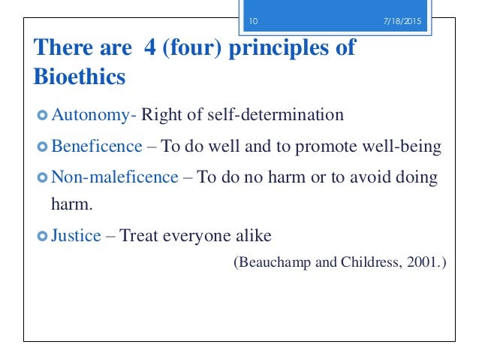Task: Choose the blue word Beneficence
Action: point(96,146)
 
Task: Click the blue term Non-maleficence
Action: point(114,177)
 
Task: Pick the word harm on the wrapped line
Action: point(60,203)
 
